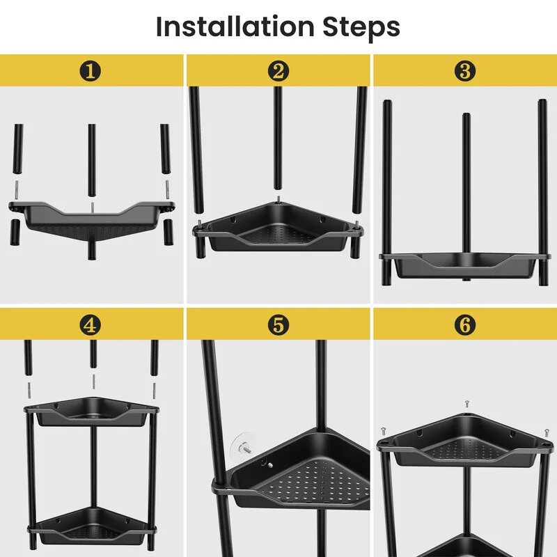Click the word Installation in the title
tap(235, 26)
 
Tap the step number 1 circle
tap(91, 71)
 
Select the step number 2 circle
tap(278, 71)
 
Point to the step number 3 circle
tap(465, 71)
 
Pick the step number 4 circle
tap(91, 324)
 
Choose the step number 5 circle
tap(278, 324)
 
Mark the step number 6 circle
tap(465, 324)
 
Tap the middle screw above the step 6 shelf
tap(467, 404)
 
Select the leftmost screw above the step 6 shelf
tap(384, 431)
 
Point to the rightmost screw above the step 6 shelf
tap(547, 432)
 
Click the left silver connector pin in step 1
tap(16, 190)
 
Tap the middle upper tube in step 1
tap(92, 160)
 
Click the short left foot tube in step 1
tap(15, 233)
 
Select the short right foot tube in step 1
tap(168, 233)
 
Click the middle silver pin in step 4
tap(93, 382)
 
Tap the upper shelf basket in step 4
tap(92, 412)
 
